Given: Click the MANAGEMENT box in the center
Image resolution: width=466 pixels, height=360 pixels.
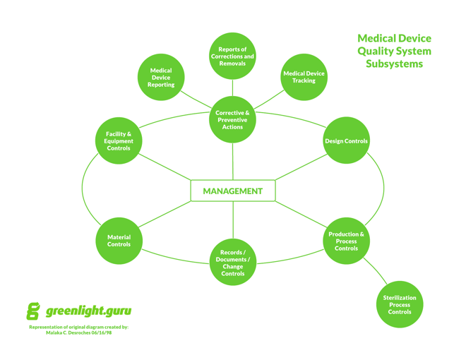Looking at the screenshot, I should pos(232,191).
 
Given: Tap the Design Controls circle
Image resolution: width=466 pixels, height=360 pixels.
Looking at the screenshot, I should pos(346,141).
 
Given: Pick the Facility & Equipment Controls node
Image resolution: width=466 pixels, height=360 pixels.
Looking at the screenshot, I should pos(118,140).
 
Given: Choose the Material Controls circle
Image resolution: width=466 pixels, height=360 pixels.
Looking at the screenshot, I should pos(118,241).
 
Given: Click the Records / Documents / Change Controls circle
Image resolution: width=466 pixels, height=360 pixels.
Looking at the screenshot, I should pos(232,263).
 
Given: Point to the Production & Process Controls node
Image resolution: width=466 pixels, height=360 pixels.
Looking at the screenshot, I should pos(346,241).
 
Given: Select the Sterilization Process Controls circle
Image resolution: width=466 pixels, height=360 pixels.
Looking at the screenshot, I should pos(399,305).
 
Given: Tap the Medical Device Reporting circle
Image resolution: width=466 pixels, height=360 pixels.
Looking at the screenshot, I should pos(161,77).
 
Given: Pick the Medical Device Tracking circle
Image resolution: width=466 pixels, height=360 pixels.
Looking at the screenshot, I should pos(304,77).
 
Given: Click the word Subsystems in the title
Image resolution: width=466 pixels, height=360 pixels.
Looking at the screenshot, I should pos(394,64).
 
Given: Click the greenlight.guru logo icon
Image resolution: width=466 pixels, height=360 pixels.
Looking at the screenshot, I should pos(33,311).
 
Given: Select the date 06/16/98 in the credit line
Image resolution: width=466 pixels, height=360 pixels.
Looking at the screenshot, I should pos(100,332).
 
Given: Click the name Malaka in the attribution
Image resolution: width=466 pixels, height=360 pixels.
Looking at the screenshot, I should pos(56,332).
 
